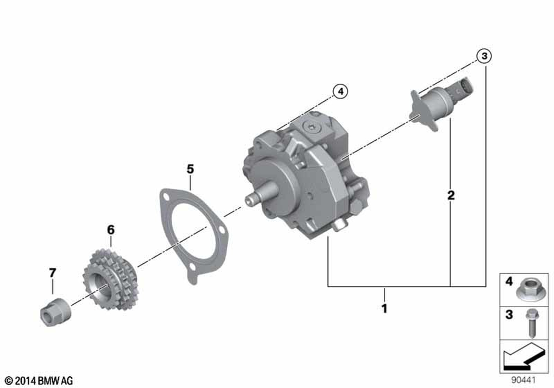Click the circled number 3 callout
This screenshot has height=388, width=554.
coord(484,56)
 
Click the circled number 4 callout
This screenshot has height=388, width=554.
coord(340,91)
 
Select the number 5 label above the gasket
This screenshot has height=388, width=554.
coord(190,169)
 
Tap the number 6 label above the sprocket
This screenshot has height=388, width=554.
coord(110,229)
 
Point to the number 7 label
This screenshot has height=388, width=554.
coord(53,273)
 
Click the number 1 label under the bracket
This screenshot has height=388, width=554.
coord(384,308)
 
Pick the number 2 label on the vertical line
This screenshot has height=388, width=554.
coord(451,195)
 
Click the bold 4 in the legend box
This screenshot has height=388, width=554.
coord(508,283)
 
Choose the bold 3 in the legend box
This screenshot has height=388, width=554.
coord(508,315)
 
